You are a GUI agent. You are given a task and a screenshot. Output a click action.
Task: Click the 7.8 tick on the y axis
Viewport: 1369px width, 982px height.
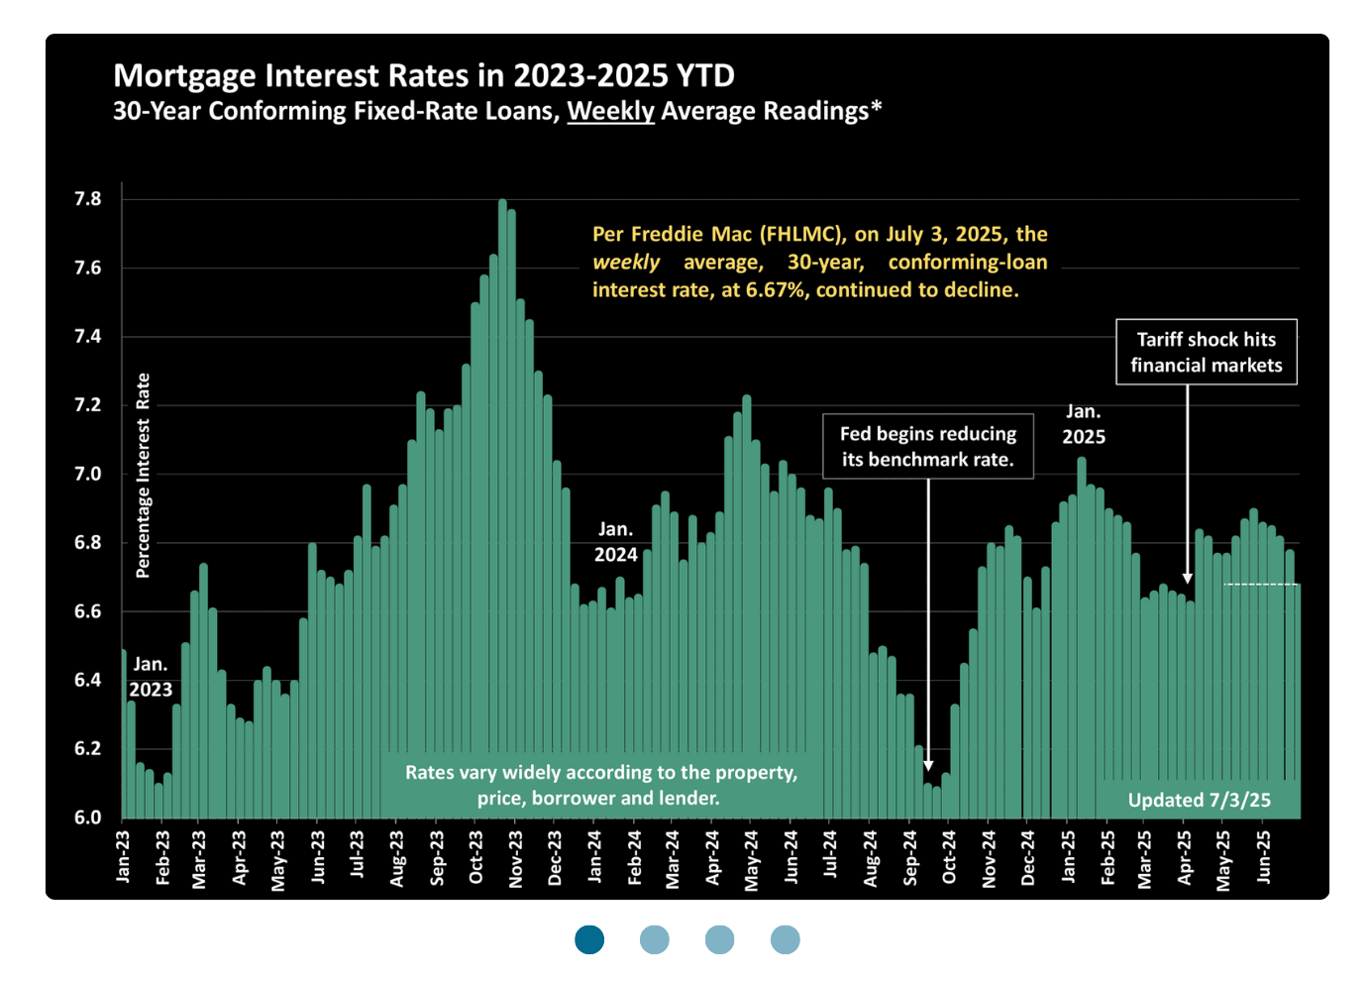(x=88, y=199)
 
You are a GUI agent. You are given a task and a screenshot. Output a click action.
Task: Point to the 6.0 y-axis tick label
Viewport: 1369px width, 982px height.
(x=88, y=818)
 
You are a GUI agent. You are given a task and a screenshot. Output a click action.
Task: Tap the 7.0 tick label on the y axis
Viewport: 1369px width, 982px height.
(x=88, y=474)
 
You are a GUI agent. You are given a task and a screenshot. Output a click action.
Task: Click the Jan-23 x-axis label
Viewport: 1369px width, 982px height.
(x=123, y=856)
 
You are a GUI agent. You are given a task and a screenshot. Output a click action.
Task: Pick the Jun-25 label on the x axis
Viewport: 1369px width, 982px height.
(x=1264, y=856)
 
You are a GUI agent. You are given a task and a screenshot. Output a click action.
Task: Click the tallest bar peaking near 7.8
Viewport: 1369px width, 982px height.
(x=502, y=396)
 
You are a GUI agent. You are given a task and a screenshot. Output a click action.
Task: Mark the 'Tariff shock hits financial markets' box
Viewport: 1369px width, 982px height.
(x=1206, y=352)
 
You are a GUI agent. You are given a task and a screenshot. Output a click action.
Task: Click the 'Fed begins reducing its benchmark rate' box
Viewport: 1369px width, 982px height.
(x=928, y=446)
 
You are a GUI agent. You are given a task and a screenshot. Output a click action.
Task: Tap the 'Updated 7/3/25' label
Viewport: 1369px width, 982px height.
(x=1199, y=800)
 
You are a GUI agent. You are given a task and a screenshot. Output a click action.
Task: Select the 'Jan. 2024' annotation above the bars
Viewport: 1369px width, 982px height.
(x=615, y=542)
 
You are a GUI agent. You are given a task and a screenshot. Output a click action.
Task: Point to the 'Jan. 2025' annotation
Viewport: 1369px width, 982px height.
(x=1084, y=424)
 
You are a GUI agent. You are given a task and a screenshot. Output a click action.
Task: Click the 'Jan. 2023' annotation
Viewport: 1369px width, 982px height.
(x=151, y=677)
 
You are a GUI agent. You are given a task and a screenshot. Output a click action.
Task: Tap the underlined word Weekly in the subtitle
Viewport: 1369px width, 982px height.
(x=610, y=111)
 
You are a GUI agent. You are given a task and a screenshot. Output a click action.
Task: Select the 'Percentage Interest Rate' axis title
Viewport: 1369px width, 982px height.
(x=144, y=476)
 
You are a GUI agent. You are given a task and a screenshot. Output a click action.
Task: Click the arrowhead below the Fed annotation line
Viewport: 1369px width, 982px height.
(x=928, y=765)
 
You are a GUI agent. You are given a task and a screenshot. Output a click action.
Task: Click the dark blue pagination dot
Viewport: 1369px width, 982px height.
(x=589, y=939)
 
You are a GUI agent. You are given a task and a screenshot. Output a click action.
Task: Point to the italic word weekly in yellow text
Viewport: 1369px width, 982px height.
(x=626, y=263)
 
